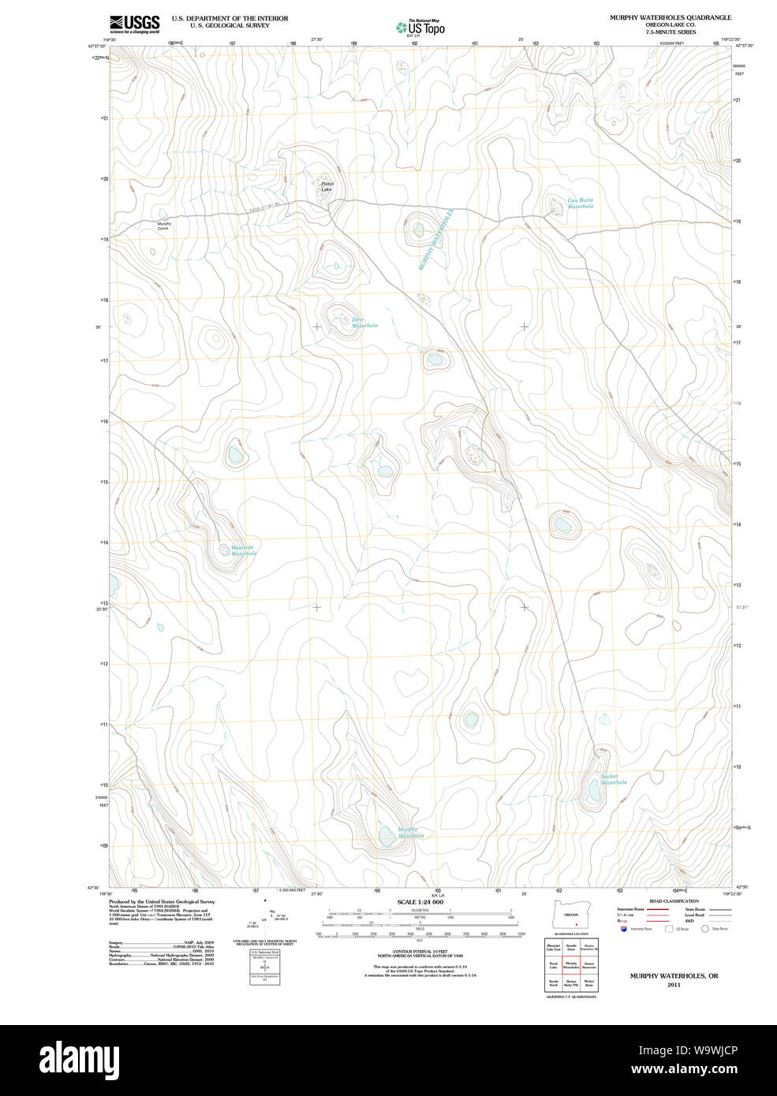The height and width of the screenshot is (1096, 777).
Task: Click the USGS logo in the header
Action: [x=134, y=23]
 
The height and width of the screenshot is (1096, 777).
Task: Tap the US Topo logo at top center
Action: [x=420, y=28]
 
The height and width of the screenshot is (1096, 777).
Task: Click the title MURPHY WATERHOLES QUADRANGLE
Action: [x=670, y=17]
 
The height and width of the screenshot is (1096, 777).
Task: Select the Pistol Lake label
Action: [x=327, y=187]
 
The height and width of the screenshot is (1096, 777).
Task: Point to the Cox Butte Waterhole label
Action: [x=581, y=203]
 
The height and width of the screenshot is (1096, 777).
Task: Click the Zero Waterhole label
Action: [x=364, y=322]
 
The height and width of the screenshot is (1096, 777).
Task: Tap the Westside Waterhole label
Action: [x=243, y=550]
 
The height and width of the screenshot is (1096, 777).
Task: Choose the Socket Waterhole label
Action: [x=613, y=779]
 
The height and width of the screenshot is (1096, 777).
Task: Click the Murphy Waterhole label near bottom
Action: [x=410, y=833]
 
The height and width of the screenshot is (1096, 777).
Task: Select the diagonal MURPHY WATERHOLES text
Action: [x=436, y=240]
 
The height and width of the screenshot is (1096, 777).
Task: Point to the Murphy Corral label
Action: [x=163, y=226]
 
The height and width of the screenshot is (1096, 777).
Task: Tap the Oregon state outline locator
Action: [x=571, y=914]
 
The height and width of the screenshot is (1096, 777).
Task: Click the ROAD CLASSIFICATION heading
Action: [x=674, y=901]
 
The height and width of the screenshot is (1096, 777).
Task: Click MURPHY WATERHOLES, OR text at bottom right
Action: [x=674, y=976]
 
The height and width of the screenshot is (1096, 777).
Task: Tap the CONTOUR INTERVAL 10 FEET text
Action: [x=420, y=952]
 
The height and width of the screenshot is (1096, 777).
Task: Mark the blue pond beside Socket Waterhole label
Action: [x=595, y=788]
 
